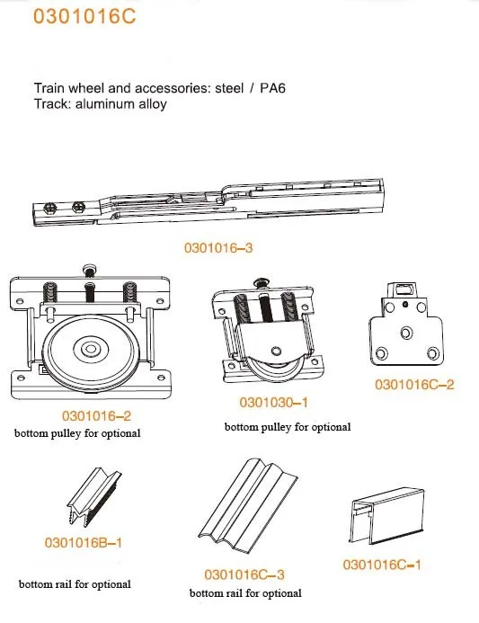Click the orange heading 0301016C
click(x=84, y=16)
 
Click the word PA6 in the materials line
click(x=272, y=88)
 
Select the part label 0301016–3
click(x=218, y=248)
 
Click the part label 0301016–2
click(x=96, y=416)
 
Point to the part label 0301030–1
click(x=274, y=403)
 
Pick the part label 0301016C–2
click(x=414, y=385)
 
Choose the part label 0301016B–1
click(x=84, y=543)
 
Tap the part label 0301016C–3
click(x=244, y=574)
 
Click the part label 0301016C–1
click(x=382, y=565)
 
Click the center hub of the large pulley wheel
click(x=91, y=350)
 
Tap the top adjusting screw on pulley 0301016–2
click(x=90, y=271)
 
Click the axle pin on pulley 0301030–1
click(x=277, y=351)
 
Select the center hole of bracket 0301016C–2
click(x=406, y=333)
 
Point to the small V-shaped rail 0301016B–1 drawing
click(x=93, y=497)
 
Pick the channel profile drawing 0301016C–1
click(x=386, y=516)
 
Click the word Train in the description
click(x=48, y=88)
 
